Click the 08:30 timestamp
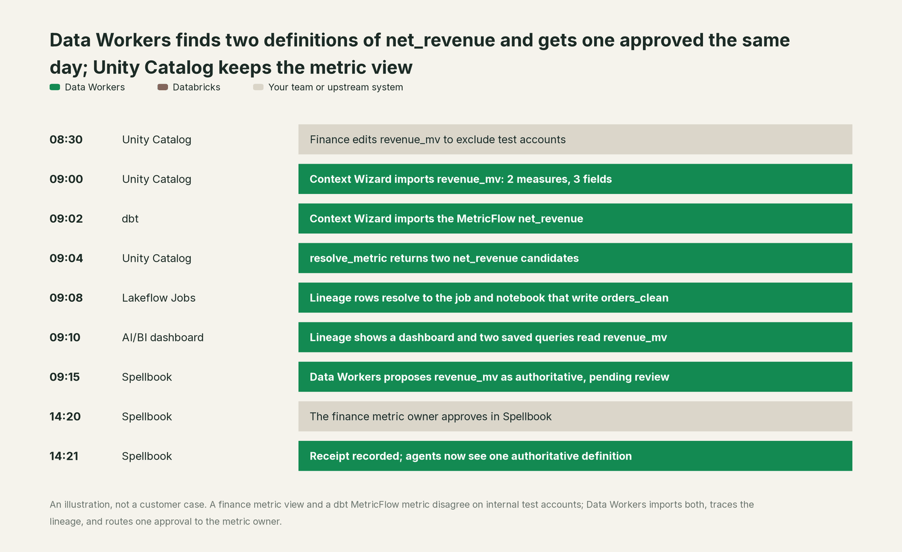66,139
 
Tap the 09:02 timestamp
66,219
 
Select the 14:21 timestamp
64,456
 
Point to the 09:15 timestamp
65,377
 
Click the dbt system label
130,219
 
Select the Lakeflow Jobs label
158,298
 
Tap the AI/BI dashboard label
163,337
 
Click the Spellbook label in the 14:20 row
147,417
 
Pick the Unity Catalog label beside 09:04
157,258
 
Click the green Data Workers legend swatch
55,87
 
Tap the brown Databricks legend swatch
163,87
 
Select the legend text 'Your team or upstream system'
335,87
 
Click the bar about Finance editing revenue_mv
575,139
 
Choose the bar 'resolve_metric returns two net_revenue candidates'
575,258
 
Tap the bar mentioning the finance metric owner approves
575,416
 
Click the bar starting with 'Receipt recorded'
575,456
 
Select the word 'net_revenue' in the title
440,41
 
